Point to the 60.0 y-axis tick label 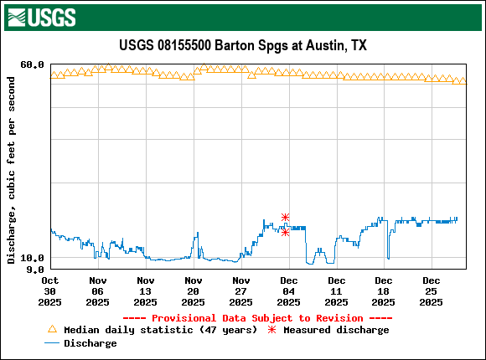click(x=32, y=64)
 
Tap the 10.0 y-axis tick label click(x=32, y=258)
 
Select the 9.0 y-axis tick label click(x=35, y=270)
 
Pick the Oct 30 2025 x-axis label click(x=50, y=291)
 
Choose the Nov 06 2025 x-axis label click(x=98, y=291)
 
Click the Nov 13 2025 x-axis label click(x=146, y=291)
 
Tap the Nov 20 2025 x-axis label click(x=194, y=291)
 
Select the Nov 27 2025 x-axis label click(x=241, y=291)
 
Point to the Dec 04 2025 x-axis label click(x=289, y=291)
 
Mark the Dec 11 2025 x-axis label click(x=337, y=291)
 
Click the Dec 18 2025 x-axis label click(x=384, y=291)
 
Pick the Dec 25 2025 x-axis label click(x=432, y=291)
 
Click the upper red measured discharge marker click(x=286, y=218)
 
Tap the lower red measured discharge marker click(x=286, y=232)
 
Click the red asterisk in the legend click(x=271, y=330)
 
